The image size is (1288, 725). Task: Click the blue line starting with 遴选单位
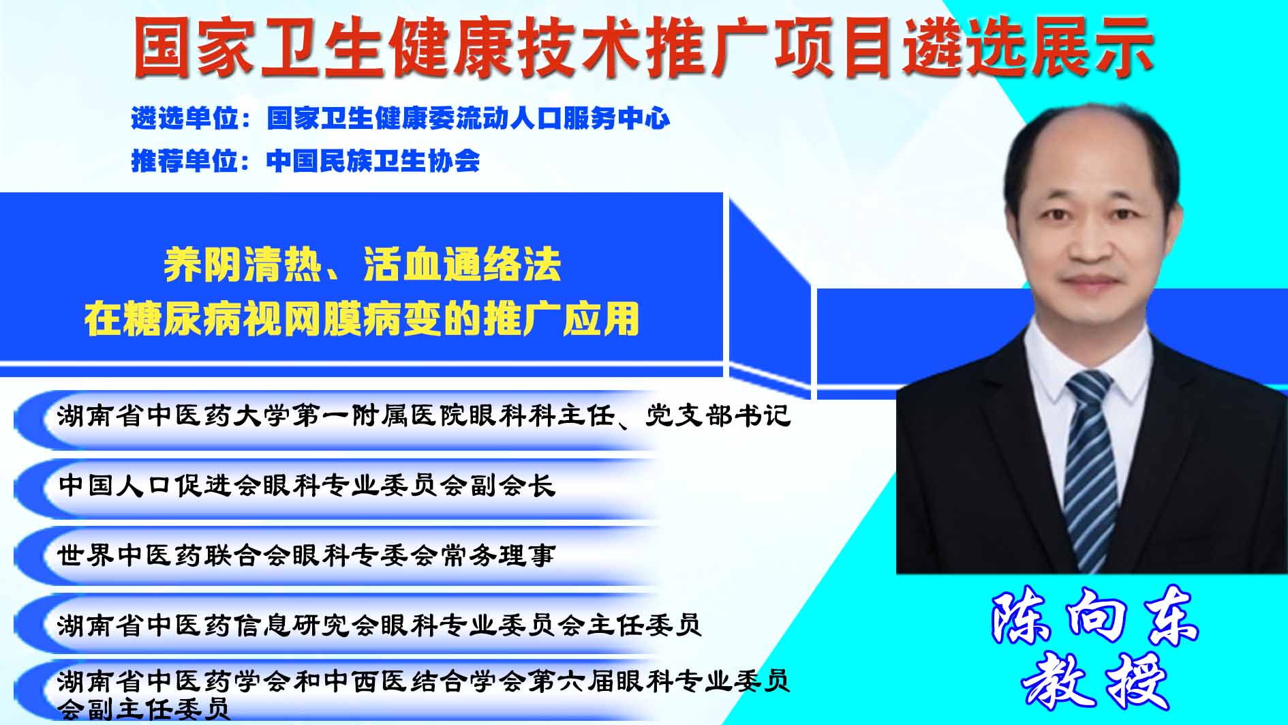coord(401,119)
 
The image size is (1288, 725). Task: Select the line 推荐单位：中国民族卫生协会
coord(305,161)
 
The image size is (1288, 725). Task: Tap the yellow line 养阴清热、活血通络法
coord(362,265)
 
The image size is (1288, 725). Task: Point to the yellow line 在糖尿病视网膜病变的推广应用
coord(362,319)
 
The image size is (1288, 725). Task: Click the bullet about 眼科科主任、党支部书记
coord(424,416)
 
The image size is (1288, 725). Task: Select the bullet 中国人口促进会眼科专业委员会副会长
coord(307,486)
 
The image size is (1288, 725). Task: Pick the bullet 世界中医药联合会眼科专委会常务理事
coord(307,555)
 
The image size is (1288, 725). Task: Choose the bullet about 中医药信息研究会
coord(380,624)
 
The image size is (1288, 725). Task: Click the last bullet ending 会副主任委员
coord(424,694)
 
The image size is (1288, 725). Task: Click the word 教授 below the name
coord(1094,683)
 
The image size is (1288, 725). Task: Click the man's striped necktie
coord(1092,471)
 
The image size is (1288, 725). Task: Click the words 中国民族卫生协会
coord(373,161)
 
